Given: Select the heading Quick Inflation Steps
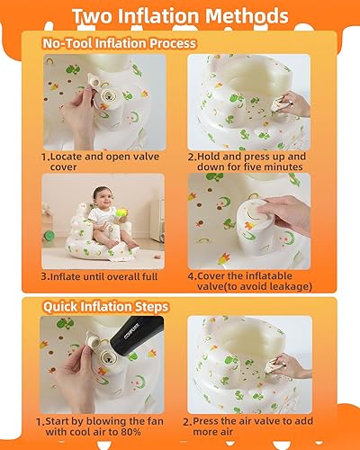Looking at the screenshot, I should (x=105, y=308).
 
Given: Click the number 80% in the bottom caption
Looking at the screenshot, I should (x=125, y=434).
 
